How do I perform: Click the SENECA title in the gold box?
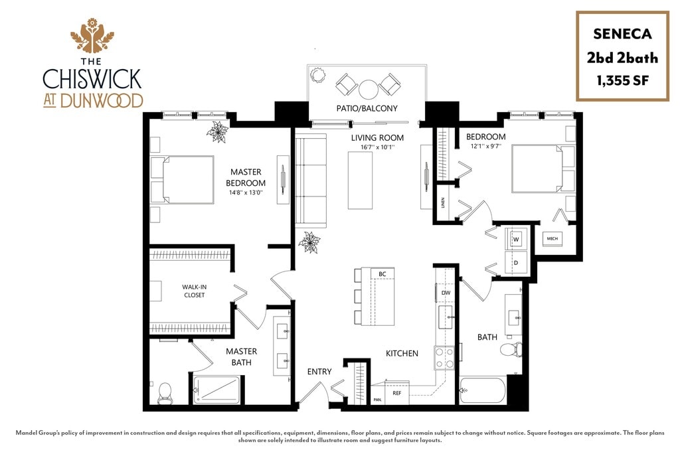point(622,34)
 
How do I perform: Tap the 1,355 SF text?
point(622,81)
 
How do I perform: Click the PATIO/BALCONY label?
point(367,108)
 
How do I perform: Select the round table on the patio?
point(368,90)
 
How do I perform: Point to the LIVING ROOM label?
point(377,138)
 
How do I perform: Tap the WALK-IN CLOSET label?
point(195,291)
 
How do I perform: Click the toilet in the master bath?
point(165,392)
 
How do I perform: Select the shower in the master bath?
point(216,389)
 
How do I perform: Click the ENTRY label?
point(319,372)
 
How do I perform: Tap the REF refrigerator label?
point(397,394)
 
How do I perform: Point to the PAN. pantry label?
point(378,400)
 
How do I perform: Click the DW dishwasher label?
point(446,293)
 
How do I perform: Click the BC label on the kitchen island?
point(382,274)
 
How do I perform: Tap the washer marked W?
point(516,239)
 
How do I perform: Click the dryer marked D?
point(516,263)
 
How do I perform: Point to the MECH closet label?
point(552,238)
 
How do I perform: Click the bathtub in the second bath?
point(483,390)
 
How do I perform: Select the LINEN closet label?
point(443,203)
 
